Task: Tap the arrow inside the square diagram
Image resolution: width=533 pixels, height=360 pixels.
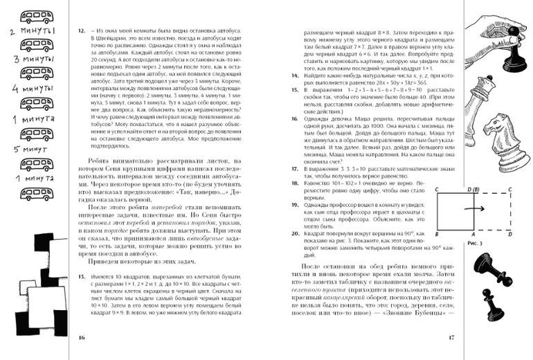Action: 478,207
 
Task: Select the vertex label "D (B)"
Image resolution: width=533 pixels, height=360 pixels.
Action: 475,188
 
